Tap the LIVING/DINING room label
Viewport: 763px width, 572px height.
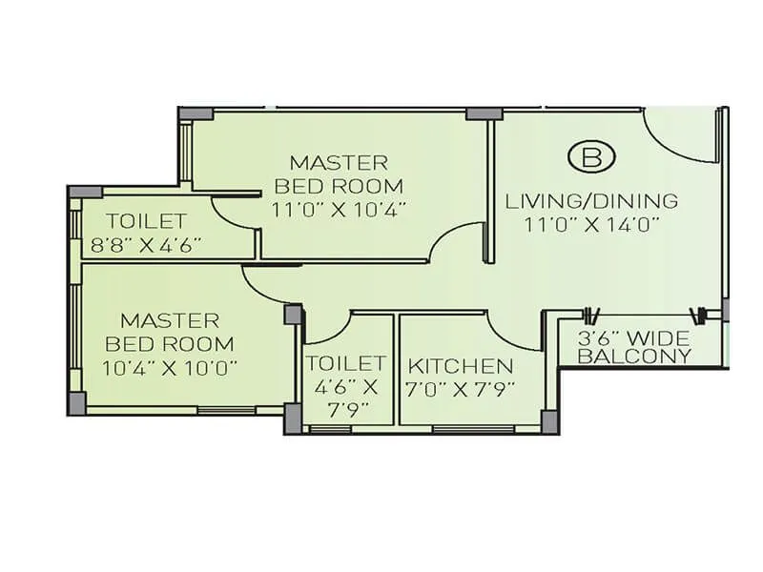591,201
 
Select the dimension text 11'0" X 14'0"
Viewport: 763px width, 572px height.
591,225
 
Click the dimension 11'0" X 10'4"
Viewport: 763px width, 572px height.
339,209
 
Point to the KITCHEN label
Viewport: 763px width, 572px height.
461,366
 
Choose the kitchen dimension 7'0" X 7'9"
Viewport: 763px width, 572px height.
461,389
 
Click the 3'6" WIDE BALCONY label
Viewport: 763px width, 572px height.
635,347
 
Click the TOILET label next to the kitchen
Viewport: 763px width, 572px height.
346,363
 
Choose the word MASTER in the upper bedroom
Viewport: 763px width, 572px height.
339,162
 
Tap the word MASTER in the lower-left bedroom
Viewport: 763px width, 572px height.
170,320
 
